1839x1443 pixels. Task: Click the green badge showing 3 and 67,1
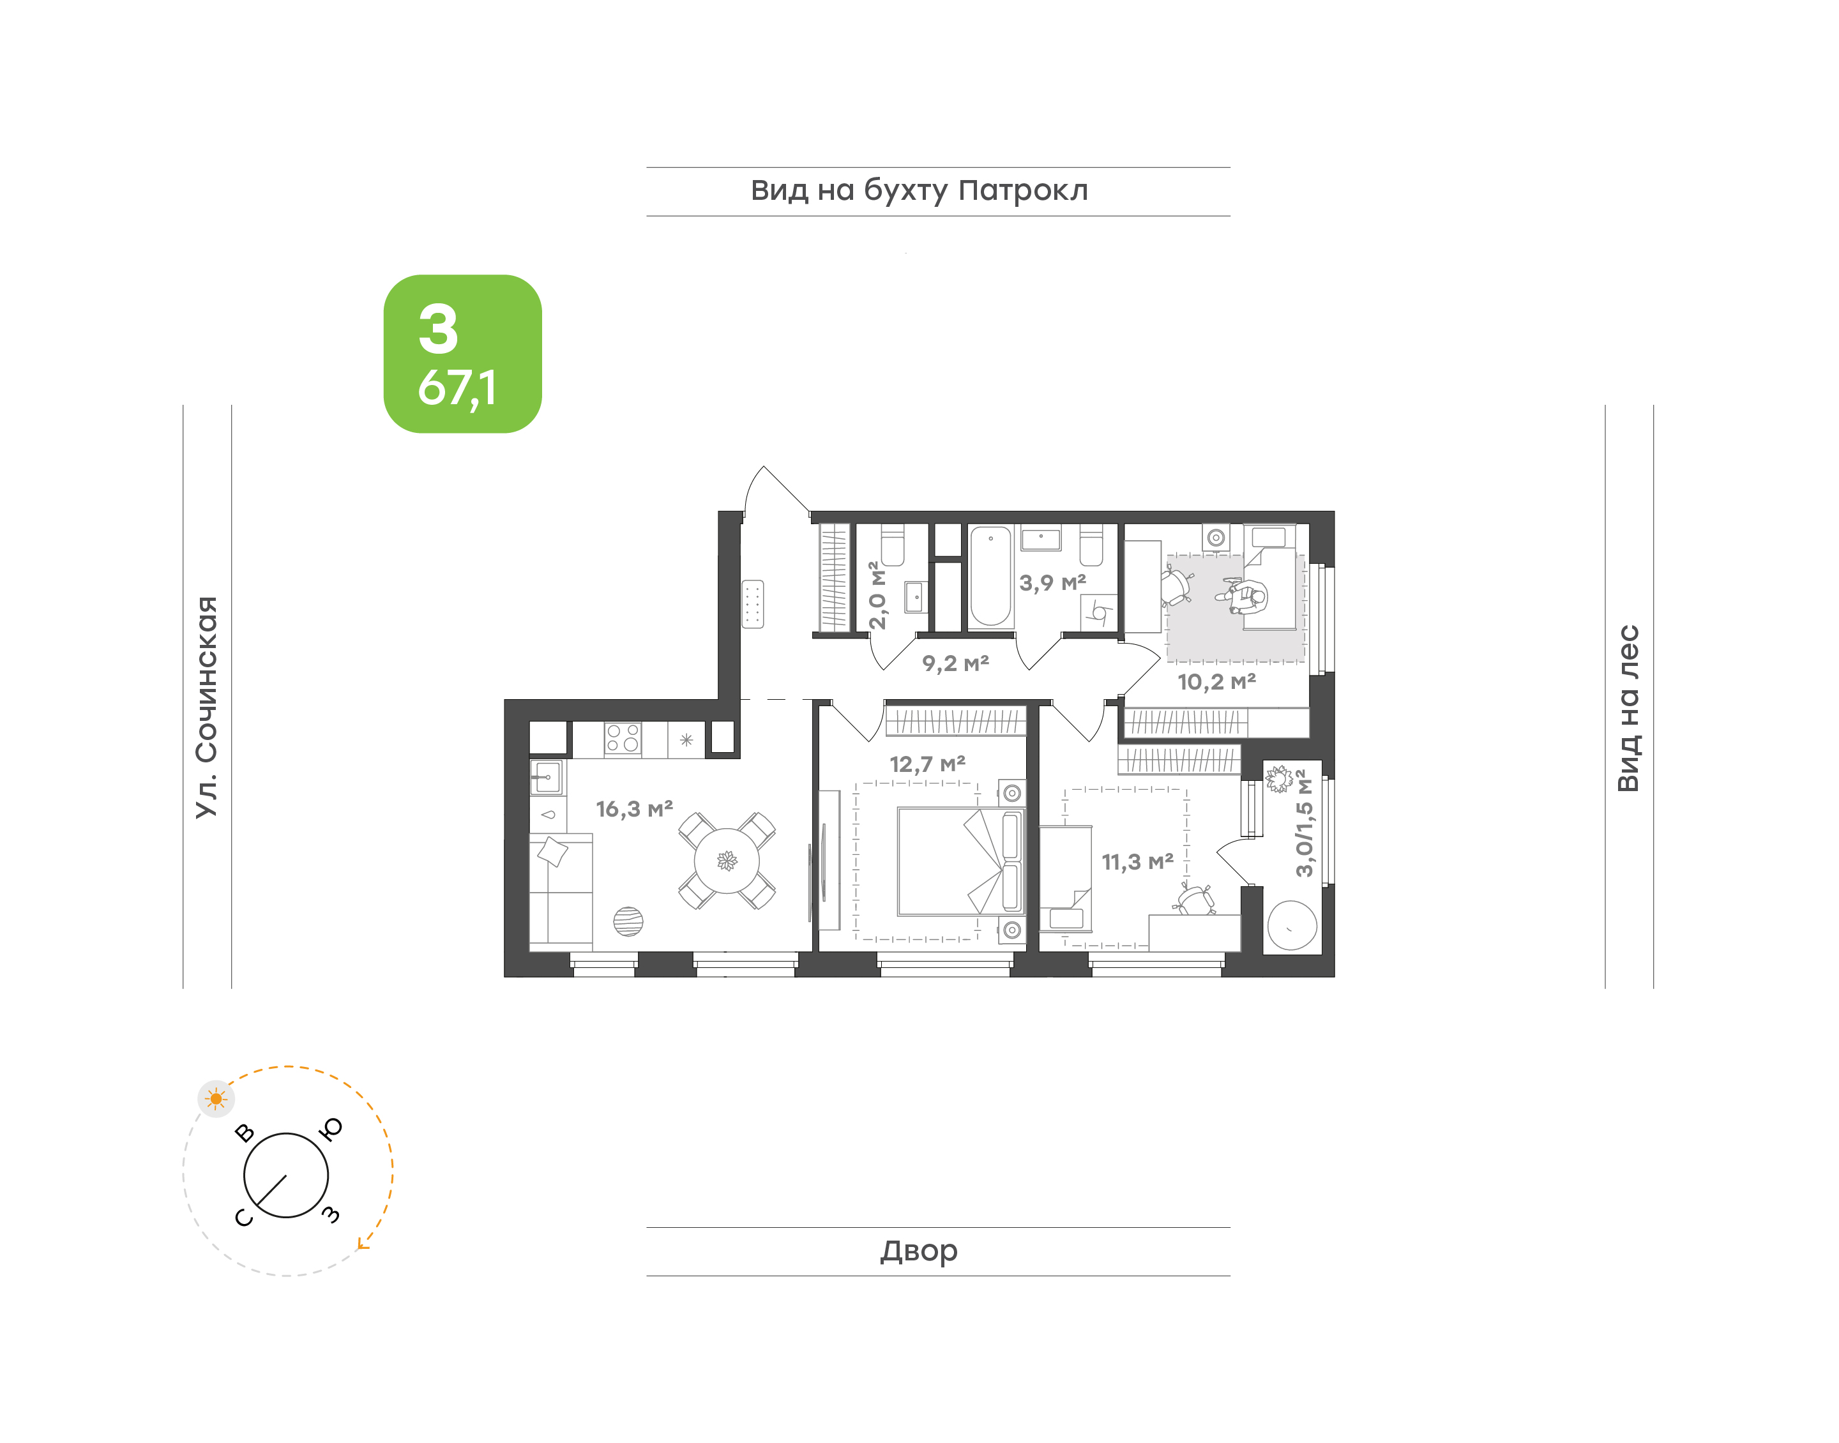point(462,354)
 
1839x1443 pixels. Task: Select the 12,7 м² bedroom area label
point(928,764)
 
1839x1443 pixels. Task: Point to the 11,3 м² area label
point(1137,862)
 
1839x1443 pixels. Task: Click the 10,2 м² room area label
point(1216,682)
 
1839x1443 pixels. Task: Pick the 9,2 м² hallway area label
point(955,663)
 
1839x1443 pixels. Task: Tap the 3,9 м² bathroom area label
point(1052,583)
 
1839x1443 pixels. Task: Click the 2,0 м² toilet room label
point(878,596)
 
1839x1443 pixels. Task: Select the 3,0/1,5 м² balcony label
point(1305,823)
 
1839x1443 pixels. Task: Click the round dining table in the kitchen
point(727,861)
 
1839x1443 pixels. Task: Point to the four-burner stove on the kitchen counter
point(623,738)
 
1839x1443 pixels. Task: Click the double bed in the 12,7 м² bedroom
point(961,862)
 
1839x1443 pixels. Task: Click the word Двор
point(919,1251)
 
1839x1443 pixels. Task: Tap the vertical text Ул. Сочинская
point(207,707)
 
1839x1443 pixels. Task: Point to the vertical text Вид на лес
point(1628,708)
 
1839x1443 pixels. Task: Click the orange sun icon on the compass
point(216,1098)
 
